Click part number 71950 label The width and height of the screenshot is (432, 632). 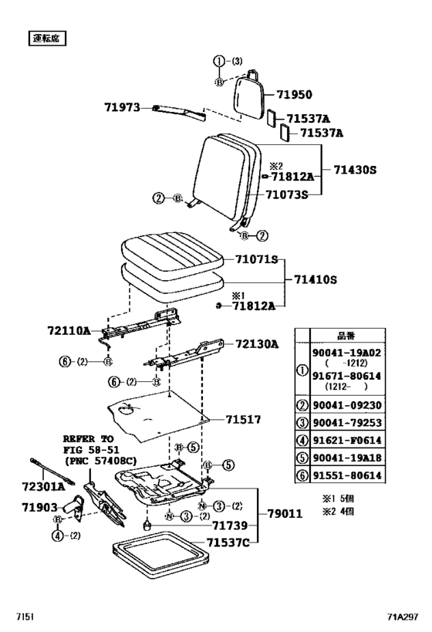click(x=290, y=94)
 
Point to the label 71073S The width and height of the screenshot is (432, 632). click(x=287, y=194)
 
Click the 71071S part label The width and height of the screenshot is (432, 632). click(x=255, y=260)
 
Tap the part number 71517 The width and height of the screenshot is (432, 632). click(x=243, y=420)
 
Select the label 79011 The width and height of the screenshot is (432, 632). click(x=286, y=512)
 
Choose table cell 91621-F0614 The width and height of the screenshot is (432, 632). click(x=347, y=441)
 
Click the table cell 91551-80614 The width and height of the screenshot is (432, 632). click(x=347, y=475)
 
